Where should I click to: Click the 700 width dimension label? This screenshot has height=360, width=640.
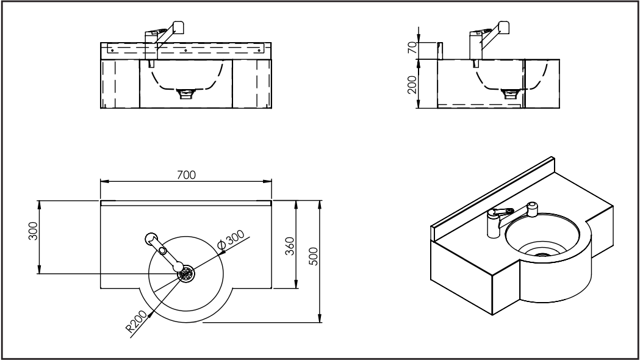pos(187,175)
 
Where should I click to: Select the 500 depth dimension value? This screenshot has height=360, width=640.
pos(314,256)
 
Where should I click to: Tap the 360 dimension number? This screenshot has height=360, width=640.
pos(289,246)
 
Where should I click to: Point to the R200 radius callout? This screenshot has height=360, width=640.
pos(136,322)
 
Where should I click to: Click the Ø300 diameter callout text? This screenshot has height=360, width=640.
pos(231,240)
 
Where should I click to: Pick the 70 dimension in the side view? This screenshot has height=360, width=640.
pos(412,48)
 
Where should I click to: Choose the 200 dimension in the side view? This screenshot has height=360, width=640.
pos(412,84)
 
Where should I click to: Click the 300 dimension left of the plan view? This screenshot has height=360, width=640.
pos(33,231)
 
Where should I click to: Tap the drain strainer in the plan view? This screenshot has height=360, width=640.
pos(187,273)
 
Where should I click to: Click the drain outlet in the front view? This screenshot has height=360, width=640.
pos(186,94)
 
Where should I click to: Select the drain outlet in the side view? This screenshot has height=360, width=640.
pos(510,94)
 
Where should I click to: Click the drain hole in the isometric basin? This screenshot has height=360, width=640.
pos(542,254)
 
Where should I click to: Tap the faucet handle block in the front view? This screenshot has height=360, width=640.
pos(178,27)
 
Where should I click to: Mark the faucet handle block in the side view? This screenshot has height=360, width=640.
pos(504,27)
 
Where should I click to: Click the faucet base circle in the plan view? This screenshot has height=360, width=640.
pos(151,239)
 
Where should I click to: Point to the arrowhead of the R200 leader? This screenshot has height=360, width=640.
pos(151,314)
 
